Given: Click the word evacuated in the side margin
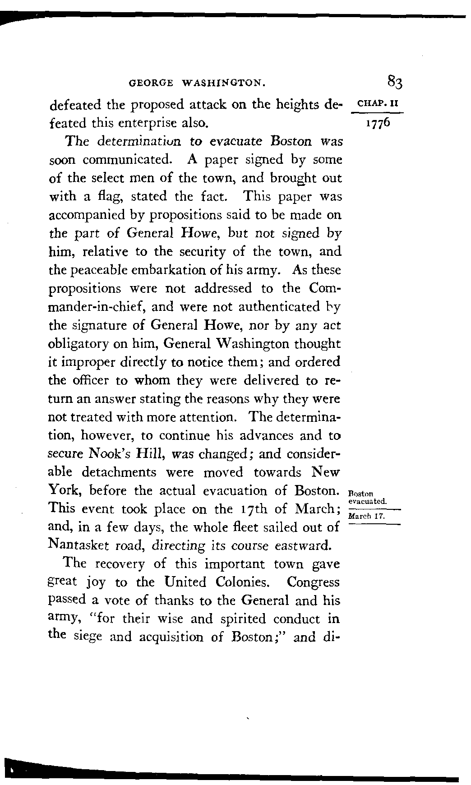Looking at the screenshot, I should (368, 501).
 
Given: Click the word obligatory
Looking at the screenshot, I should (78, 344).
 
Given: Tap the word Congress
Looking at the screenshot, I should (313, 582).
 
